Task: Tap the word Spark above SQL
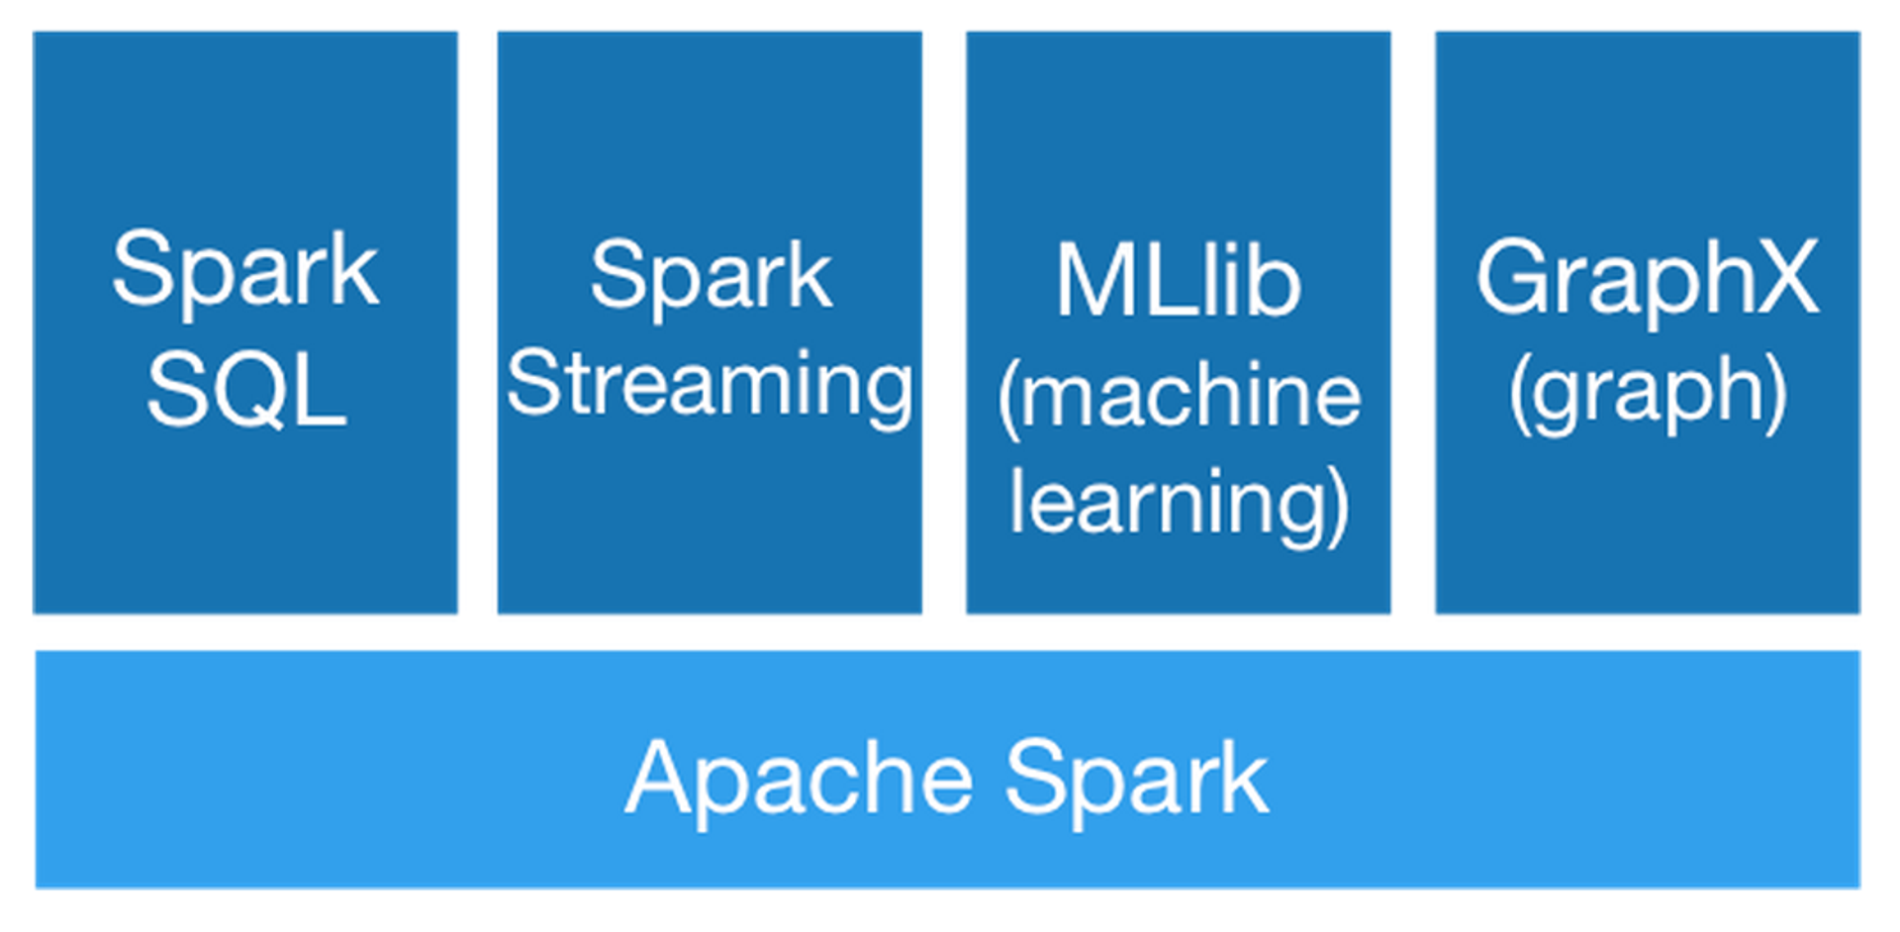[x=245, y=269]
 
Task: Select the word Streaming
[x=710, y=386]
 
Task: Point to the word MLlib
[x=1178, y=282]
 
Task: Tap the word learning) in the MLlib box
[x=1179, y=505]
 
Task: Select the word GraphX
[x=1648, y=278]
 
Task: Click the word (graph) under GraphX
[x=1648, y=393]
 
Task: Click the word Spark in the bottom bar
[x=1137, y=779]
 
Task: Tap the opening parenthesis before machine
[x=1008, y=400]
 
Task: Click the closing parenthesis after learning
[x=1338, y=507]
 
